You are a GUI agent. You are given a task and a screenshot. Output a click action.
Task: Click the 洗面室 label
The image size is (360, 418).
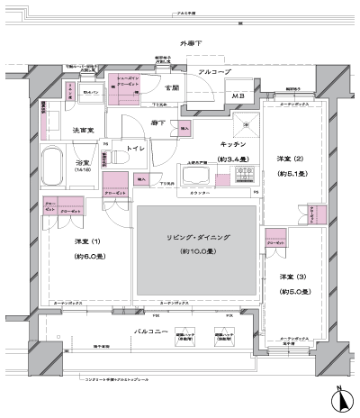click(x=84, y=131)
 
